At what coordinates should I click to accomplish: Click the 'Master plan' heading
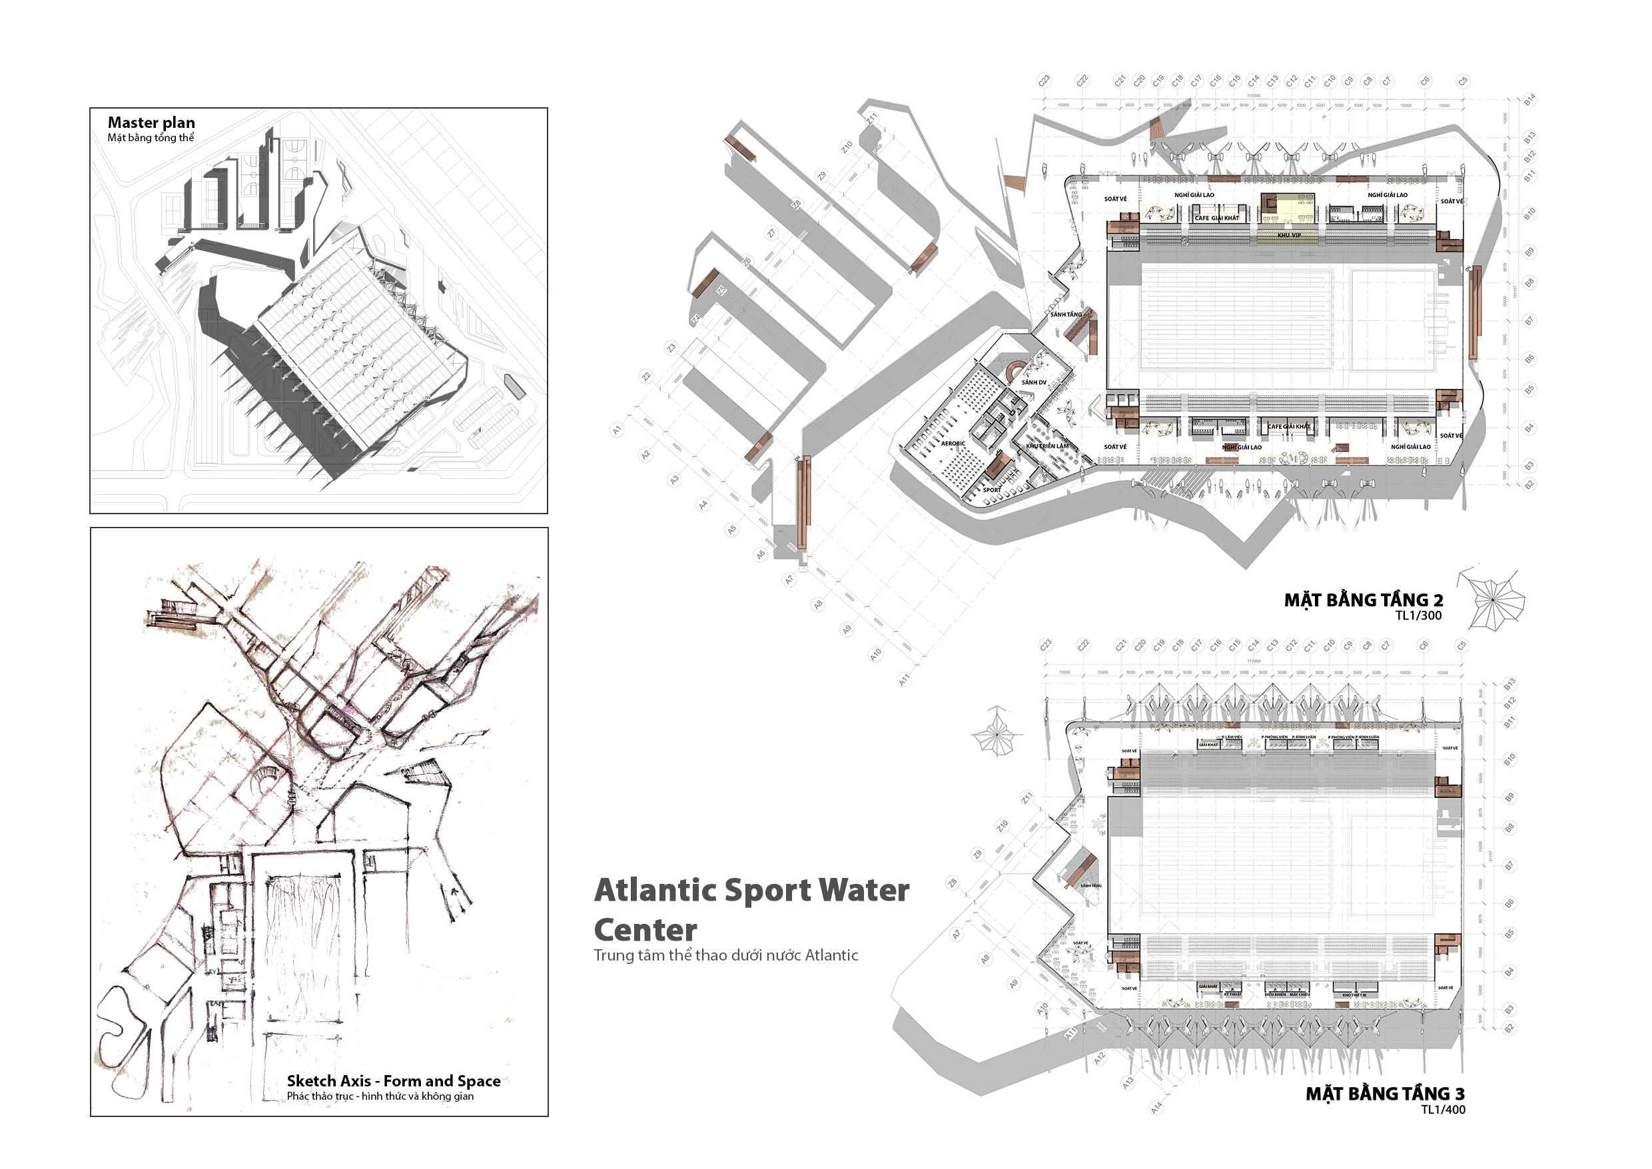(151, 123)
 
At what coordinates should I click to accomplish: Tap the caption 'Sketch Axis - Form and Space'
(393, 1080)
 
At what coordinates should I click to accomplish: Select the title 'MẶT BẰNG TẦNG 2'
(1364, 599)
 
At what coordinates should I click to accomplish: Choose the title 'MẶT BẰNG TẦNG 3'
(1385, 1094)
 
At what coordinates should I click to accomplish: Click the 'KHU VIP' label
(1288, 235)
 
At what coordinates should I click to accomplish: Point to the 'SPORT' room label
(992, 490)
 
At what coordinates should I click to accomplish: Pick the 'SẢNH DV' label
(1033, 382)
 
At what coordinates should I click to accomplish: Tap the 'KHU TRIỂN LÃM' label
(1047, 446)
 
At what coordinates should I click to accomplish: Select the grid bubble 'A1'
(617, 430)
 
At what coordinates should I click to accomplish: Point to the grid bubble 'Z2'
(647, 376)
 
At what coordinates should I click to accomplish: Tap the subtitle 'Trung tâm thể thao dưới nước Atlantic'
(725, 955)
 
